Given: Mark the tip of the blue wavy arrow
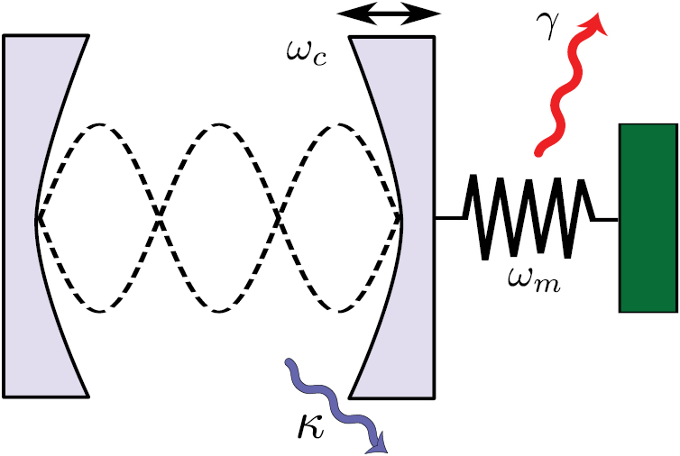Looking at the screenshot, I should click(382, 449).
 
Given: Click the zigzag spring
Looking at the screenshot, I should click(528, 216).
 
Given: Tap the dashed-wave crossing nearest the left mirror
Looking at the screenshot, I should click(160, 217).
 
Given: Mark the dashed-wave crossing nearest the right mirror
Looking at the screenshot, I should click(280, 217).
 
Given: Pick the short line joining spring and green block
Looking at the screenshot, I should click(606, 218).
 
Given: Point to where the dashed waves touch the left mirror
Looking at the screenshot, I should click(37, 217).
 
